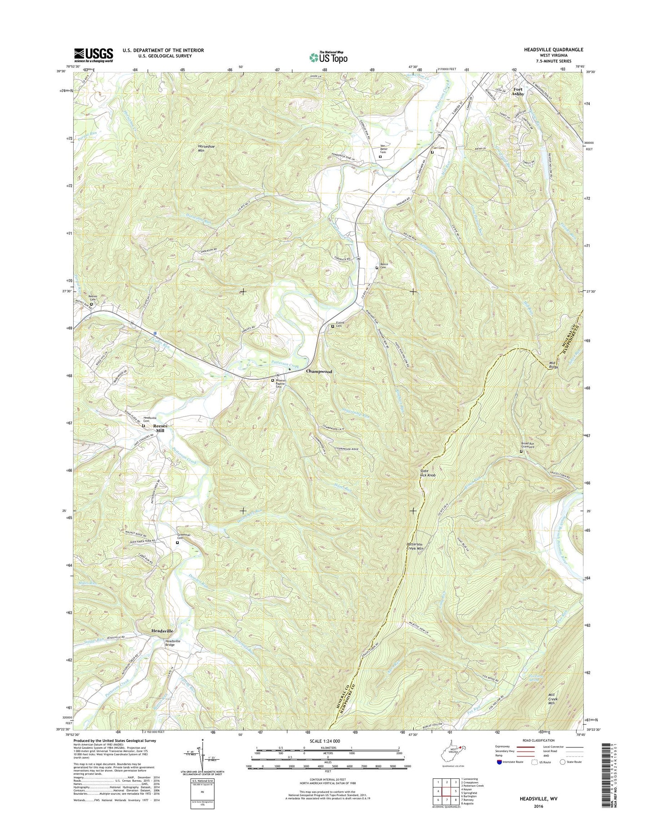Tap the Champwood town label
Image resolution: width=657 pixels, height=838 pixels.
pyautogui.click(x=319, y=371)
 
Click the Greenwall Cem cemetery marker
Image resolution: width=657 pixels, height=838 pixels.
pyautogui.click(x=177, y=542)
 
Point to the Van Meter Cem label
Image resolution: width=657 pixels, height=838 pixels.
pyautogui.click(x=383, y=149)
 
